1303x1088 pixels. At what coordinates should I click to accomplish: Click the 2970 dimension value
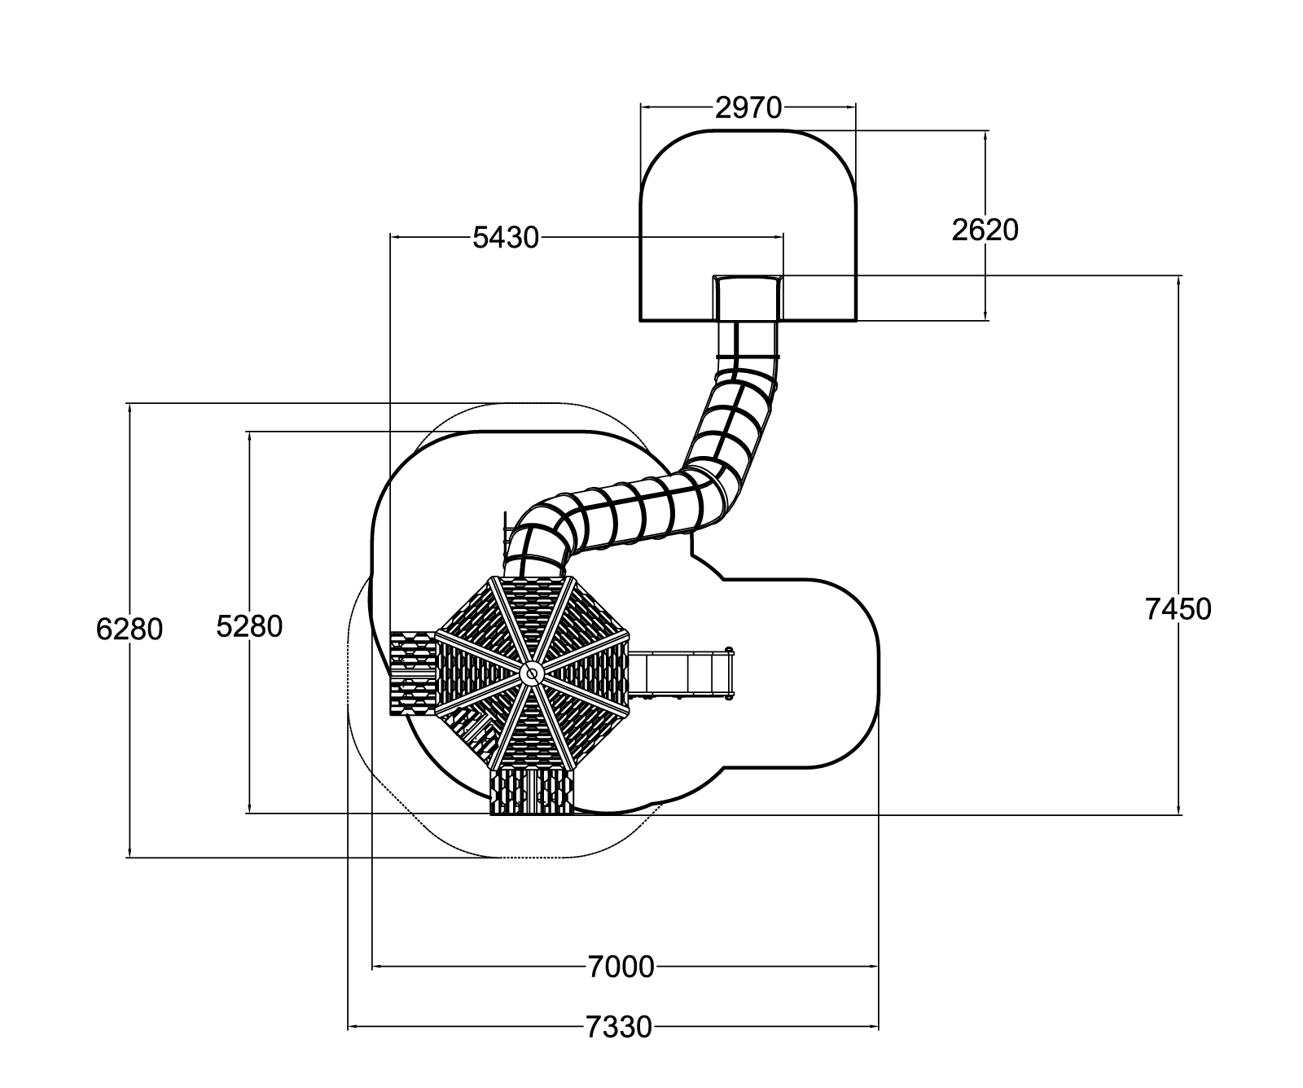pyautogui.click(x=748, y=107)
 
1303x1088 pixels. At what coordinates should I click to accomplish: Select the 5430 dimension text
pyautogui.click(x=506, y=238)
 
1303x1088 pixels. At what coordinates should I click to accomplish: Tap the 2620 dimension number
pyautogui.click(x=985, y=230)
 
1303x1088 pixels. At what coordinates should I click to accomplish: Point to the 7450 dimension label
pyautogui.click(x=1178, y=609)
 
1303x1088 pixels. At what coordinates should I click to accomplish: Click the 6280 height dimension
pyautogui.click(x=129, y=630)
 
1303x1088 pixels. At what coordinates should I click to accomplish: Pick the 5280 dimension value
pyautogui.click(x=249, y=625)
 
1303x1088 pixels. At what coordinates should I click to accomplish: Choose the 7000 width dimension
pyautogui.click(x=621, y=967)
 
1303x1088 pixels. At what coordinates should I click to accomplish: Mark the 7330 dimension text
pyautogui.click(x=619, y=1028)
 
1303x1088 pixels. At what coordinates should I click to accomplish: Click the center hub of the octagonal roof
pyautogui.click(x=531, y=673)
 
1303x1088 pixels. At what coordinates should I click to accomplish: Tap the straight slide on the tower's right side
pyautogui.click(x=682, y=673)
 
